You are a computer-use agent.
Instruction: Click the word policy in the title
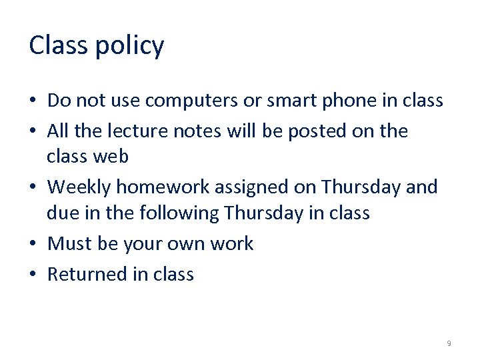pos(130,45)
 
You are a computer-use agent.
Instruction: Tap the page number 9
pos(449,343)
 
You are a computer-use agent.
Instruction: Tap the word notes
pos(195,131)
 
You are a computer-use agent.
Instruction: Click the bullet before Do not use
pos(33,101)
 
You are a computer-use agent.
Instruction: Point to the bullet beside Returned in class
pos(33,275)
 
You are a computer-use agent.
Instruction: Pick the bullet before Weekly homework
pos(33,188)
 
